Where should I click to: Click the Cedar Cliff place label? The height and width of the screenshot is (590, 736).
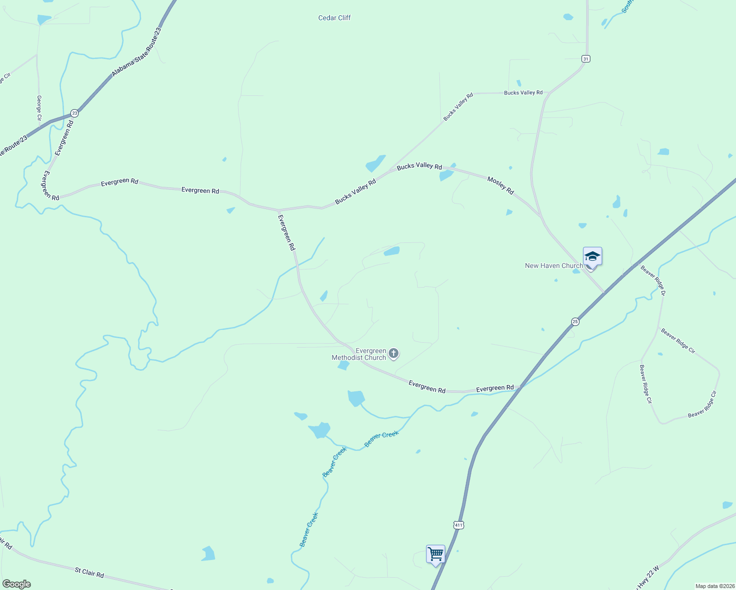pos(335,18)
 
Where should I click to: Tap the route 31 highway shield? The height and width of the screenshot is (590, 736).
pos(585,59)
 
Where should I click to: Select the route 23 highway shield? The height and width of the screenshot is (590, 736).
pos(74,113)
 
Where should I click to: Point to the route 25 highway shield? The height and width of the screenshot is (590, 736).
pos(575,322)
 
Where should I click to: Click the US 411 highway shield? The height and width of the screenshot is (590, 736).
pos(459,525)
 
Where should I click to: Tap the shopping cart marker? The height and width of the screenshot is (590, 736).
pos(435,554)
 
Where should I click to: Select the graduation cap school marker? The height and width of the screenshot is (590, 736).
pos(592,257)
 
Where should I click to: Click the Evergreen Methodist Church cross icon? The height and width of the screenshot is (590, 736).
pos(393,353)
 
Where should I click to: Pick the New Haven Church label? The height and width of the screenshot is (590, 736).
pos(554,265)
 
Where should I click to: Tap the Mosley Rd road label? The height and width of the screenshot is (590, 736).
pos(500,185)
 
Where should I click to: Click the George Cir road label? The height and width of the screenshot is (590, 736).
pos(39,108)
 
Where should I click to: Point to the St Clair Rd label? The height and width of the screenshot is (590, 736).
pos(90,573)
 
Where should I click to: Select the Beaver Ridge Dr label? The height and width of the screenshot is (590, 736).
pos(653,280)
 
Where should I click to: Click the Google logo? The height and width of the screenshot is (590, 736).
pos(16,584)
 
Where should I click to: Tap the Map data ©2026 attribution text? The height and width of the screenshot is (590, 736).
pos(715,586)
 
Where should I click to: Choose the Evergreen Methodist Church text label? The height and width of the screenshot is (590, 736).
pos(359,354)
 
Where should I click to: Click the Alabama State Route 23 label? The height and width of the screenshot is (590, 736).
pos(136,52)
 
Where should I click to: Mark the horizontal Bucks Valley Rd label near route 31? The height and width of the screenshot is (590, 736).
pos(523,92)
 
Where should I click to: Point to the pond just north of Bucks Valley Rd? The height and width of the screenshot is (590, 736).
pos(375,163)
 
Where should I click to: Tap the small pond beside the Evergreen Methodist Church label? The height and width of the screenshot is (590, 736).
pos(343,365)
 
